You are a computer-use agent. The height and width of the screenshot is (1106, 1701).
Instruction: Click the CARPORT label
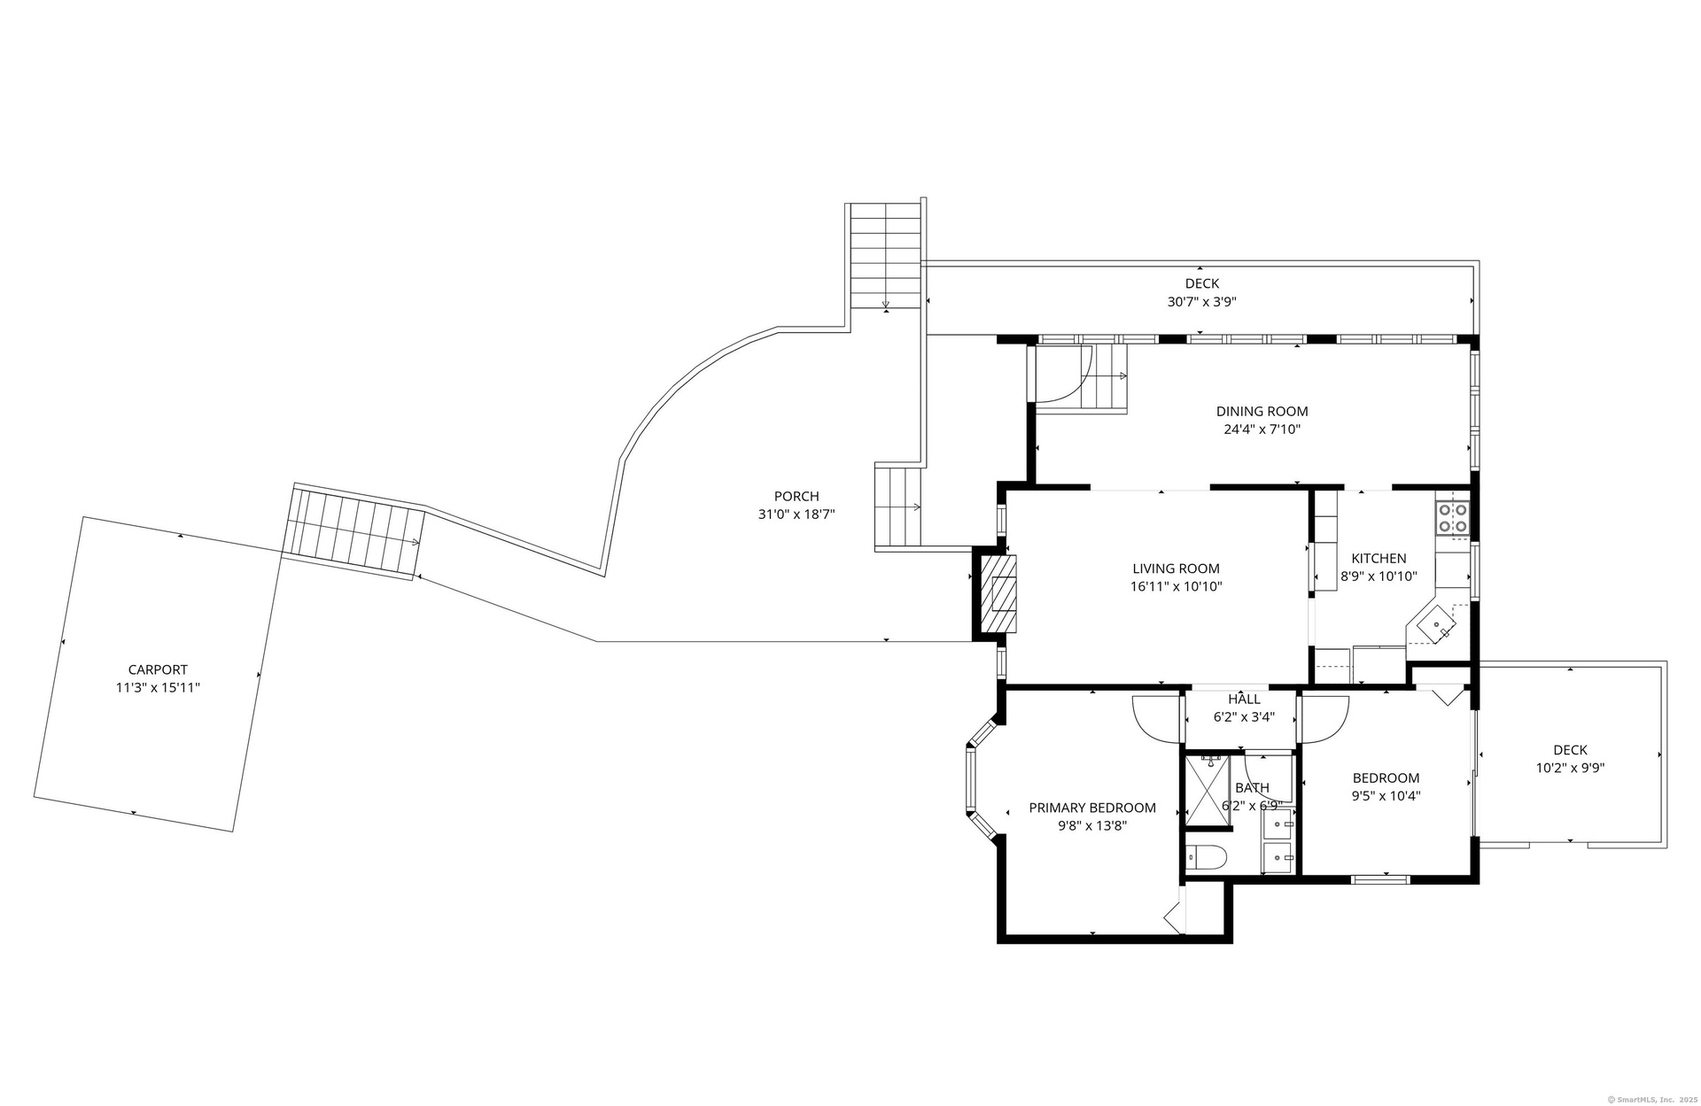[x=158, y=670]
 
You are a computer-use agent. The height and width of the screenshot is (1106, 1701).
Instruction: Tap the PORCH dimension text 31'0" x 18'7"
[x=796, y=514]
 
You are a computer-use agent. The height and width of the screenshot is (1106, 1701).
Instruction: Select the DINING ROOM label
[x=1262, y=411]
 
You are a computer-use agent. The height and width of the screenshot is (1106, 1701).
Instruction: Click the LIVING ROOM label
[x=1176, y=568]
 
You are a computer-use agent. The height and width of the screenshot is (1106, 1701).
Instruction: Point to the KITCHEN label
[x=1379, y=558]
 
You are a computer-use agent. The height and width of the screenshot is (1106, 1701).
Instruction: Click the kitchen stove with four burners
[x=1453, y=518]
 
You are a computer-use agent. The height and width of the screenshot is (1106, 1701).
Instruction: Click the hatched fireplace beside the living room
[x=996, y=593]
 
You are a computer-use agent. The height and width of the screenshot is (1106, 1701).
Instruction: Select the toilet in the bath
[x=1207, y=857]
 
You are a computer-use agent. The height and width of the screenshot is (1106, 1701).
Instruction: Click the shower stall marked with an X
[x=1208, y=790]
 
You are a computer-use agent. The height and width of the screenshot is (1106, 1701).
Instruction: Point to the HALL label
[x=1244, y=700]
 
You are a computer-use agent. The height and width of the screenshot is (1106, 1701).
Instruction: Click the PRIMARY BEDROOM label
[x=1092, y=808]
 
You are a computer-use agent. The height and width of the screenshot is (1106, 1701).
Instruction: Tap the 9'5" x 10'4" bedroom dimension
[x=1386, y=795]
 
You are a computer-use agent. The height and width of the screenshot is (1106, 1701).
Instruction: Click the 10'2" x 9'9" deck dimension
[x=1570, y=768]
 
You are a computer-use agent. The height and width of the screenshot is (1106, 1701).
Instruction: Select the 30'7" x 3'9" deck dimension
[x=1201, y=301]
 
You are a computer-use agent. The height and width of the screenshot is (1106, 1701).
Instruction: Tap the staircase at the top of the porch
[x=886, y=255]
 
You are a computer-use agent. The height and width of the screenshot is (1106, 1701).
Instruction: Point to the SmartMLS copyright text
[x=1642, y=1099]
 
